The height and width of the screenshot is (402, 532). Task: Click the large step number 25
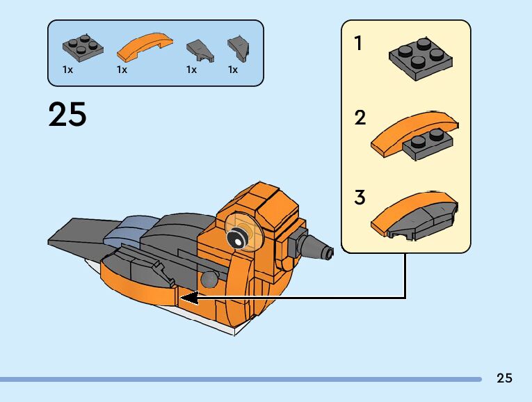pyautogui.click(x=67, y=115)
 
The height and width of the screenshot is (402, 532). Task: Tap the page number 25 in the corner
pyautogui.click(x=504, y=378)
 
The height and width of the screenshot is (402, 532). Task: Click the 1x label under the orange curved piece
pyautogui.click(x=122, y=70)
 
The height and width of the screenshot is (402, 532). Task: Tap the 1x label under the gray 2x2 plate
pyautogui.click(x=67, y=70)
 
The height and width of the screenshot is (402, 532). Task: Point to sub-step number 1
pyautogui.click(x=358, y=44)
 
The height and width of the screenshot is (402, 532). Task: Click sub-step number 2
pyautogui.click(x=360, y=118)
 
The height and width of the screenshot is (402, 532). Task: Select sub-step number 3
pyautogui.click(x=360, y=198)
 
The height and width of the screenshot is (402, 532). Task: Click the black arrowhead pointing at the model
pyautogui.click(x=188, y=298)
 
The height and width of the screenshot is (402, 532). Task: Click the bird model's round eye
pyautogui.click(x=238, y=236)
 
